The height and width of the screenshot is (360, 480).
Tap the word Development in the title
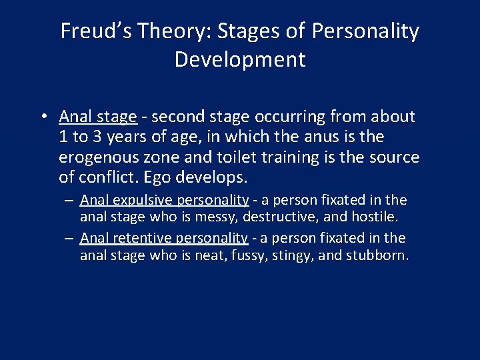pyautogui.click(x=240, y=60)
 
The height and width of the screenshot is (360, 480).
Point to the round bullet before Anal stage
pyautogui.click(x=42, y=117)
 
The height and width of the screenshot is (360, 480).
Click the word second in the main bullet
pyautogui.click(x=175, y=117)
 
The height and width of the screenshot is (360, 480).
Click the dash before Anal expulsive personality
pyautogui.click(x=69, y=200)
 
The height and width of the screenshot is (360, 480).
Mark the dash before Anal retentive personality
pyautogui.click(x=69, y=238)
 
